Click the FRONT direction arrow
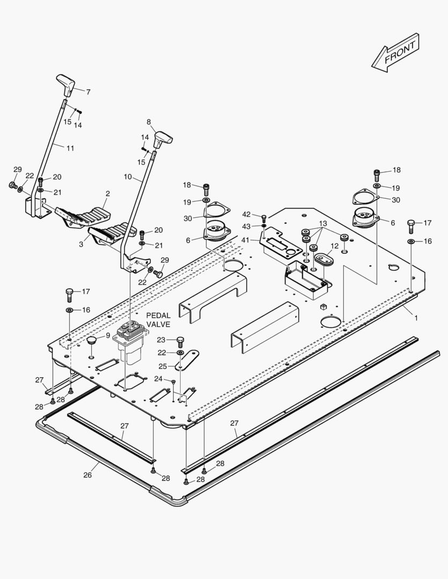[x=395, y=53]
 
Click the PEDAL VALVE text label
[x=158, y=320]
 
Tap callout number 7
[x=88, y=92]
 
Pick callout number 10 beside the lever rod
[x=128, y=176]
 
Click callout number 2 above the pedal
[x=107, y=193]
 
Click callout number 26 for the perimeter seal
[x=88, y=474]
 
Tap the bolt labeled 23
[x=180, y=341]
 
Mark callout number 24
[x=157, y=378]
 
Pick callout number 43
[x=246, y=226]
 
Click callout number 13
[x=322, y=223]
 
